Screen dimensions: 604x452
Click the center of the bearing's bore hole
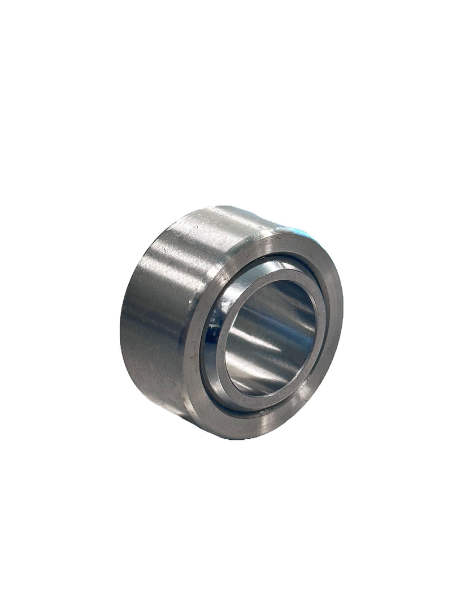click(270, 339)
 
